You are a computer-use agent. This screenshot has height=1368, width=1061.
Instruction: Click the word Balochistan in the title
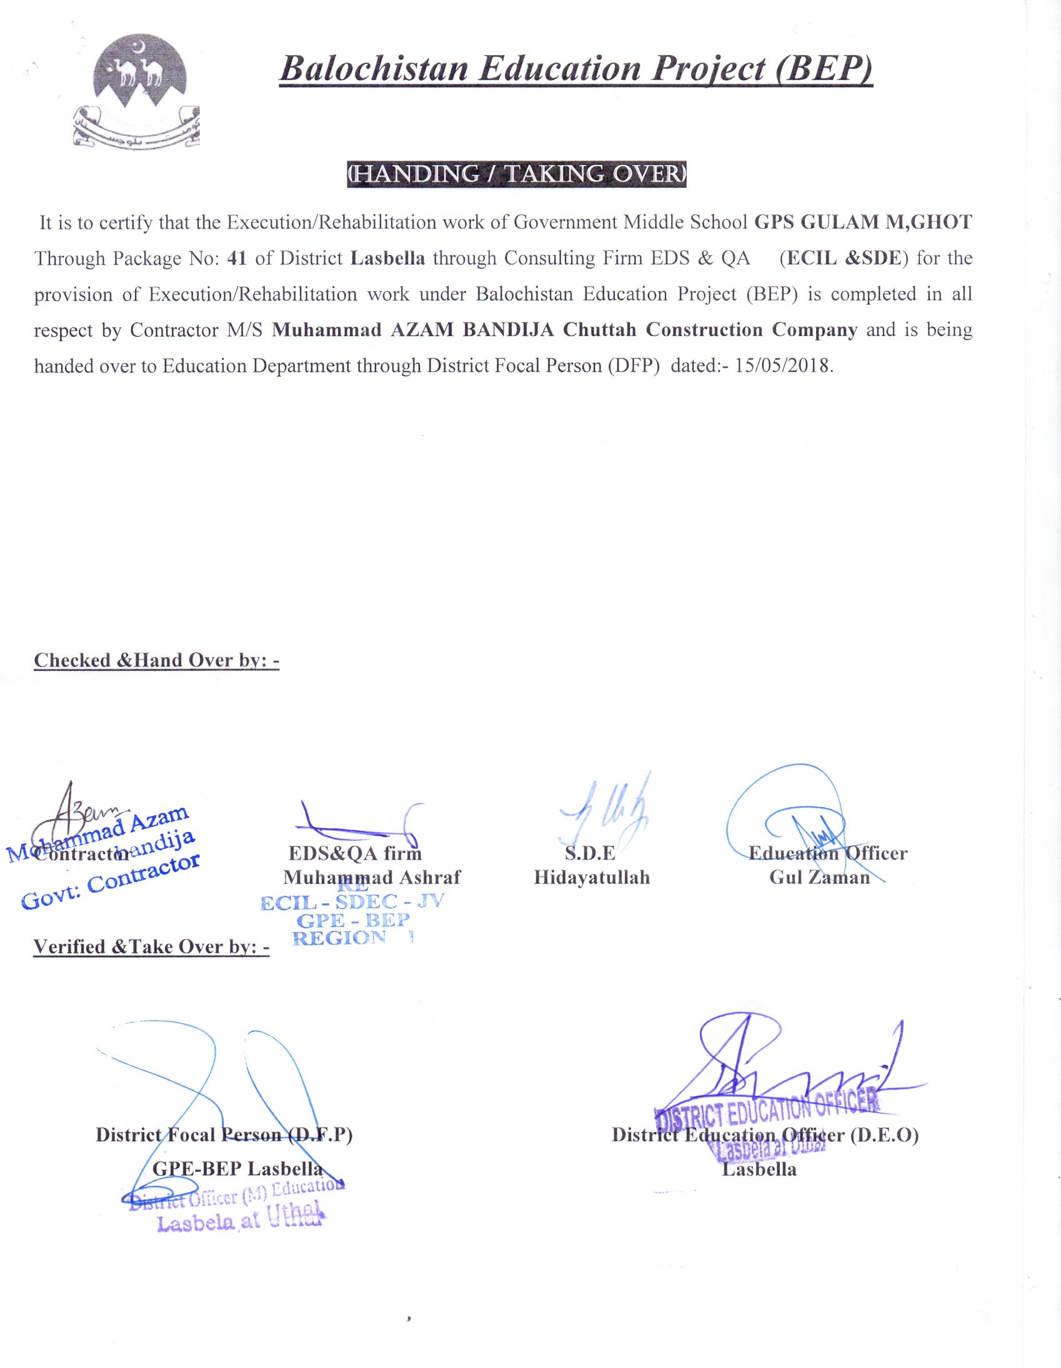pyautogui.click(x=374, y=69)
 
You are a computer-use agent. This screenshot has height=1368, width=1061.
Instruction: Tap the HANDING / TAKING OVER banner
pyautogui.click(x=516, y=174)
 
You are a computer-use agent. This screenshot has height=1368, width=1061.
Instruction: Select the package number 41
pyautogui.click(x=237, y=258)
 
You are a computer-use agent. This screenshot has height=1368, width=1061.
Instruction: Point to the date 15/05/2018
pyautogui.click(x=784, y=365)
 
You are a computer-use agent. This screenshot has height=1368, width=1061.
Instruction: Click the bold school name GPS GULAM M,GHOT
pyautogui.click(x=862, y=222)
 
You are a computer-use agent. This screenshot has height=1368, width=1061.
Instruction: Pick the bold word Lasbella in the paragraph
pyautogui.click(x=387, y=258)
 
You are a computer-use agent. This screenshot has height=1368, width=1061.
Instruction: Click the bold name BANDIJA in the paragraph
pyautogui.click(x=508, y=330)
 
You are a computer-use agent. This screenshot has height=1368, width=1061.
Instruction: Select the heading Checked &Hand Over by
pyautogui.click(x=156, y=660)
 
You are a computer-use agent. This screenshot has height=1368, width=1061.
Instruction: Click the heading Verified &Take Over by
pyautogui.click(x=151, y=946)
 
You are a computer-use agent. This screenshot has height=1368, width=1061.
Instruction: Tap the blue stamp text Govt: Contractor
pyautogui.click(x=111, y=881)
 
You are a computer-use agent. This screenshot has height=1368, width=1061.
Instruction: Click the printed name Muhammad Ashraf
pyautogui.click(x=372, y=877)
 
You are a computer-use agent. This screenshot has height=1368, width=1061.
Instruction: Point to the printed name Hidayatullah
pyautogui.click(x=592, y=877)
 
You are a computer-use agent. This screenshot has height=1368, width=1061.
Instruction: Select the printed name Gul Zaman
pyautogui.click(x=819, y=877)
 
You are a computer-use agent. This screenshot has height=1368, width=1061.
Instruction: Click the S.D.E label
pyautogui.click(x=590, y=853)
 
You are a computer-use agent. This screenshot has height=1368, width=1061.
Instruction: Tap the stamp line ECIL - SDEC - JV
pyautogui.click(x=352, y=903)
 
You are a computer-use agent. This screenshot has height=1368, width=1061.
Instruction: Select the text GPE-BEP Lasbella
pyautogui.click(x=237, y=1168)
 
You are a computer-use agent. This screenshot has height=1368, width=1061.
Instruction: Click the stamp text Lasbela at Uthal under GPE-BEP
pyautogui.click(x=240, y=1219)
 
